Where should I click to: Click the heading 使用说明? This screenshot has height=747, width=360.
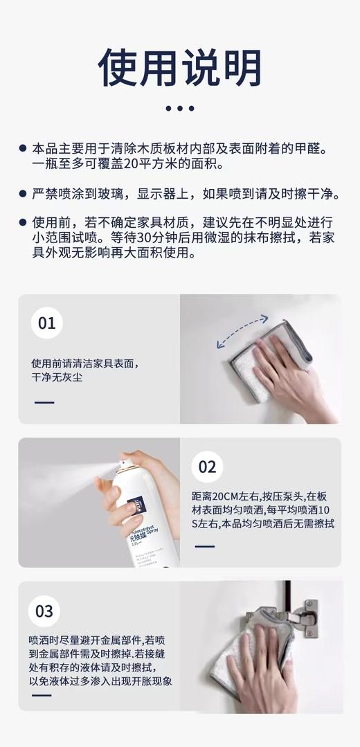pos(180,67)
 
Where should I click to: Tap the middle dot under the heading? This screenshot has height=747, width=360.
pos(180,108)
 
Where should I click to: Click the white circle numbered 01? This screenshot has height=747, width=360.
pos(46,323)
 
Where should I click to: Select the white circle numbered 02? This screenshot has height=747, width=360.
pos(207,467)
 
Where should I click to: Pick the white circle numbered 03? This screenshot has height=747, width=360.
pos(44,611)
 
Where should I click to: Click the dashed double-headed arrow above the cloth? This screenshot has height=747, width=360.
pos(242,331)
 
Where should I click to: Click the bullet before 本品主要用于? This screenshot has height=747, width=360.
pos(23,149)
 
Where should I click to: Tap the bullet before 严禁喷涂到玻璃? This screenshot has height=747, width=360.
pos(23,194)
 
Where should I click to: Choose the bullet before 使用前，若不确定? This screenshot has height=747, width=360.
pos(23,223)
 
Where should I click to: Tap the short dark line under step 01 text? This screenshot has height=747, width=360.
pos(44,402)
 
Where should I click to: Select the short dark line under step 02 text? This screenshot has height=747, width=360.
pos(204,546)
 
